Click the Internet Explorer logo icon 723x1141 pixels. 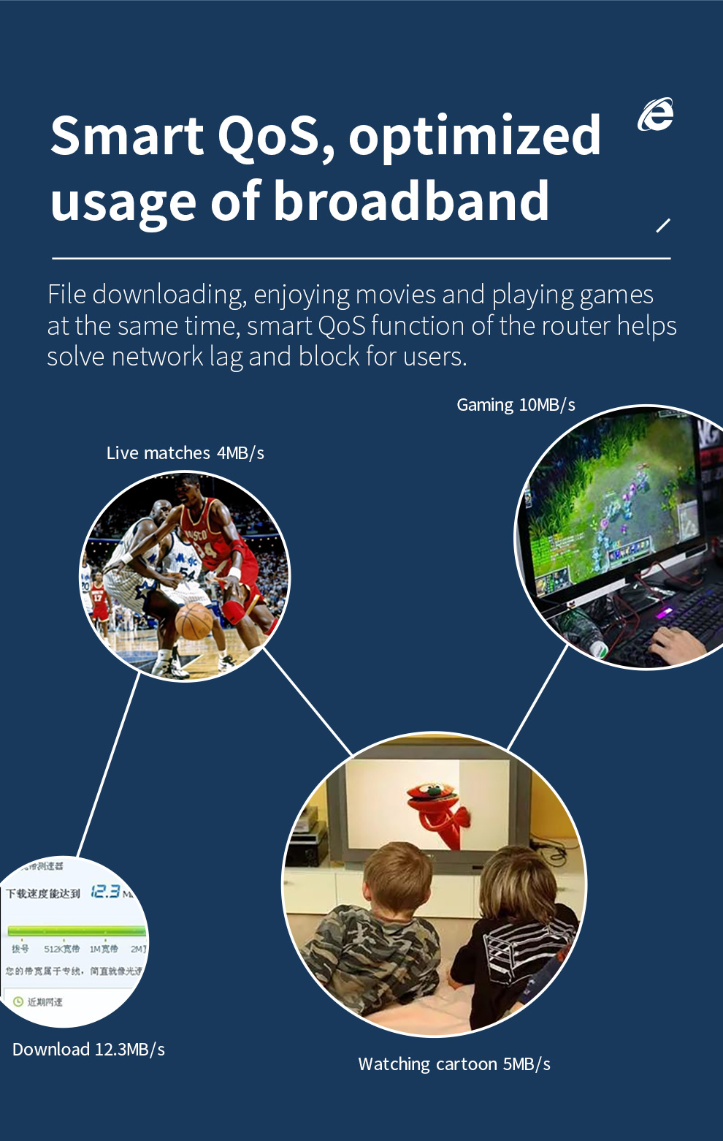coord(655,115)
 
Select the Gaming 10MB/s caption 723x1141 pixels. coord(516,405)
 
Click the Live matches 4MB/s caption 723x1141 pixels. coord(185,453)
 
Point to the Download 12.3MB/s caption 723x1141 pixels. coord(88,1050)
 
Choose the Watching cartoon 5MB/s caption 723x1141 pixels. coord(454,1064)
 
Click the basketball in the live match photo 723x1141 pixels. coord(194,621)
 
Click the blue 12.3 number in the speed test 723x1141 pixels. coord(105,891)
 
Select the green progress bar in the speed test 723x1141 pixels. coord(77,930)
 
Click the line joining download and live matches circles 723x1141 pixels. coord(108,764)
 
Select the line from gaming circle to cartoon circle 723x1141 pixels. coord(537,698)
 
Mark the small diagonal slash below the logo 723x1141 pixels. coord(663,225)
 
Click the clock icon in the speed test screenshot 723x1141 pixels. coord(18,1001)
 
